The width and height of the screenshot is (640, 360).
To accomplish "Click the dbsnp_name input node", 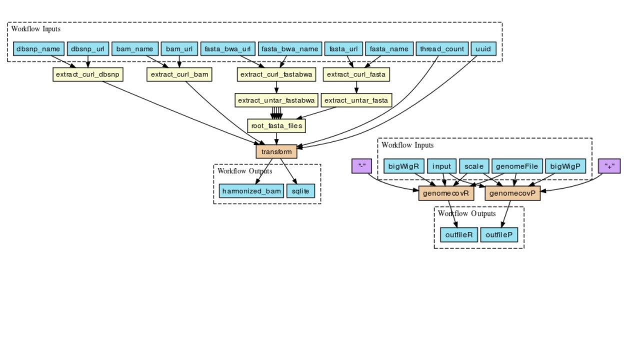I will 38,49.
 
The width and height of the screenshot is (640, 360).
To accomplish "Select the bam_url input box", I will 179,49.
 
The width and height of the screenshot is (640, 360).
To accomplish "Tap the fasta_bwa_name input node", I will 289,49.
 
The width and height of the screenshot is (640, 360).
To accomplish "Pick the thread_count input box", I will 442,49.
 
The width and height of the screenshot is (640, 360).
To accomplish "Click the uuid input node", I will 483,49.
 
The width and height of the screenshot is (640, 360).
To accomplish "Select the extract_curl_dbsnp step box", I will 88,74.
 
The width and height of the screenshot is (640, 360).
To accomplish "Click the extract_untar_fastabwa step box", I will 276,100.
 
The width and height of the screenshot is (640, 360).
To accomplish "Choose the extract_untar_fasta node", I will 356,100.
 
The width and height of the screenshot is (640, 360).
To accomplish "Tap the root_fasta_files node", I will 276,125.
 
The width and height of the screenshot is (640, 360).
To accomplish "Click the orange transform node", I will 276,151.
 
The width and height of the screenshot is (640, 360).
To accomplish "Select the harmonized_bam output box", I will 251,191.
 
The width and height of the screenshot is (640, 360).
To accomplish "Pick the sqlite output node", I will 300,191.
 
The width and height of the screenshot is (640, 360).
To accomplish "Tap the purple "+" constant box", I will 609,166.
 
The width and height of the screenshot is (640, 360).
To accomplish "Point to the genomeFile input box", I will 517,166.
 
